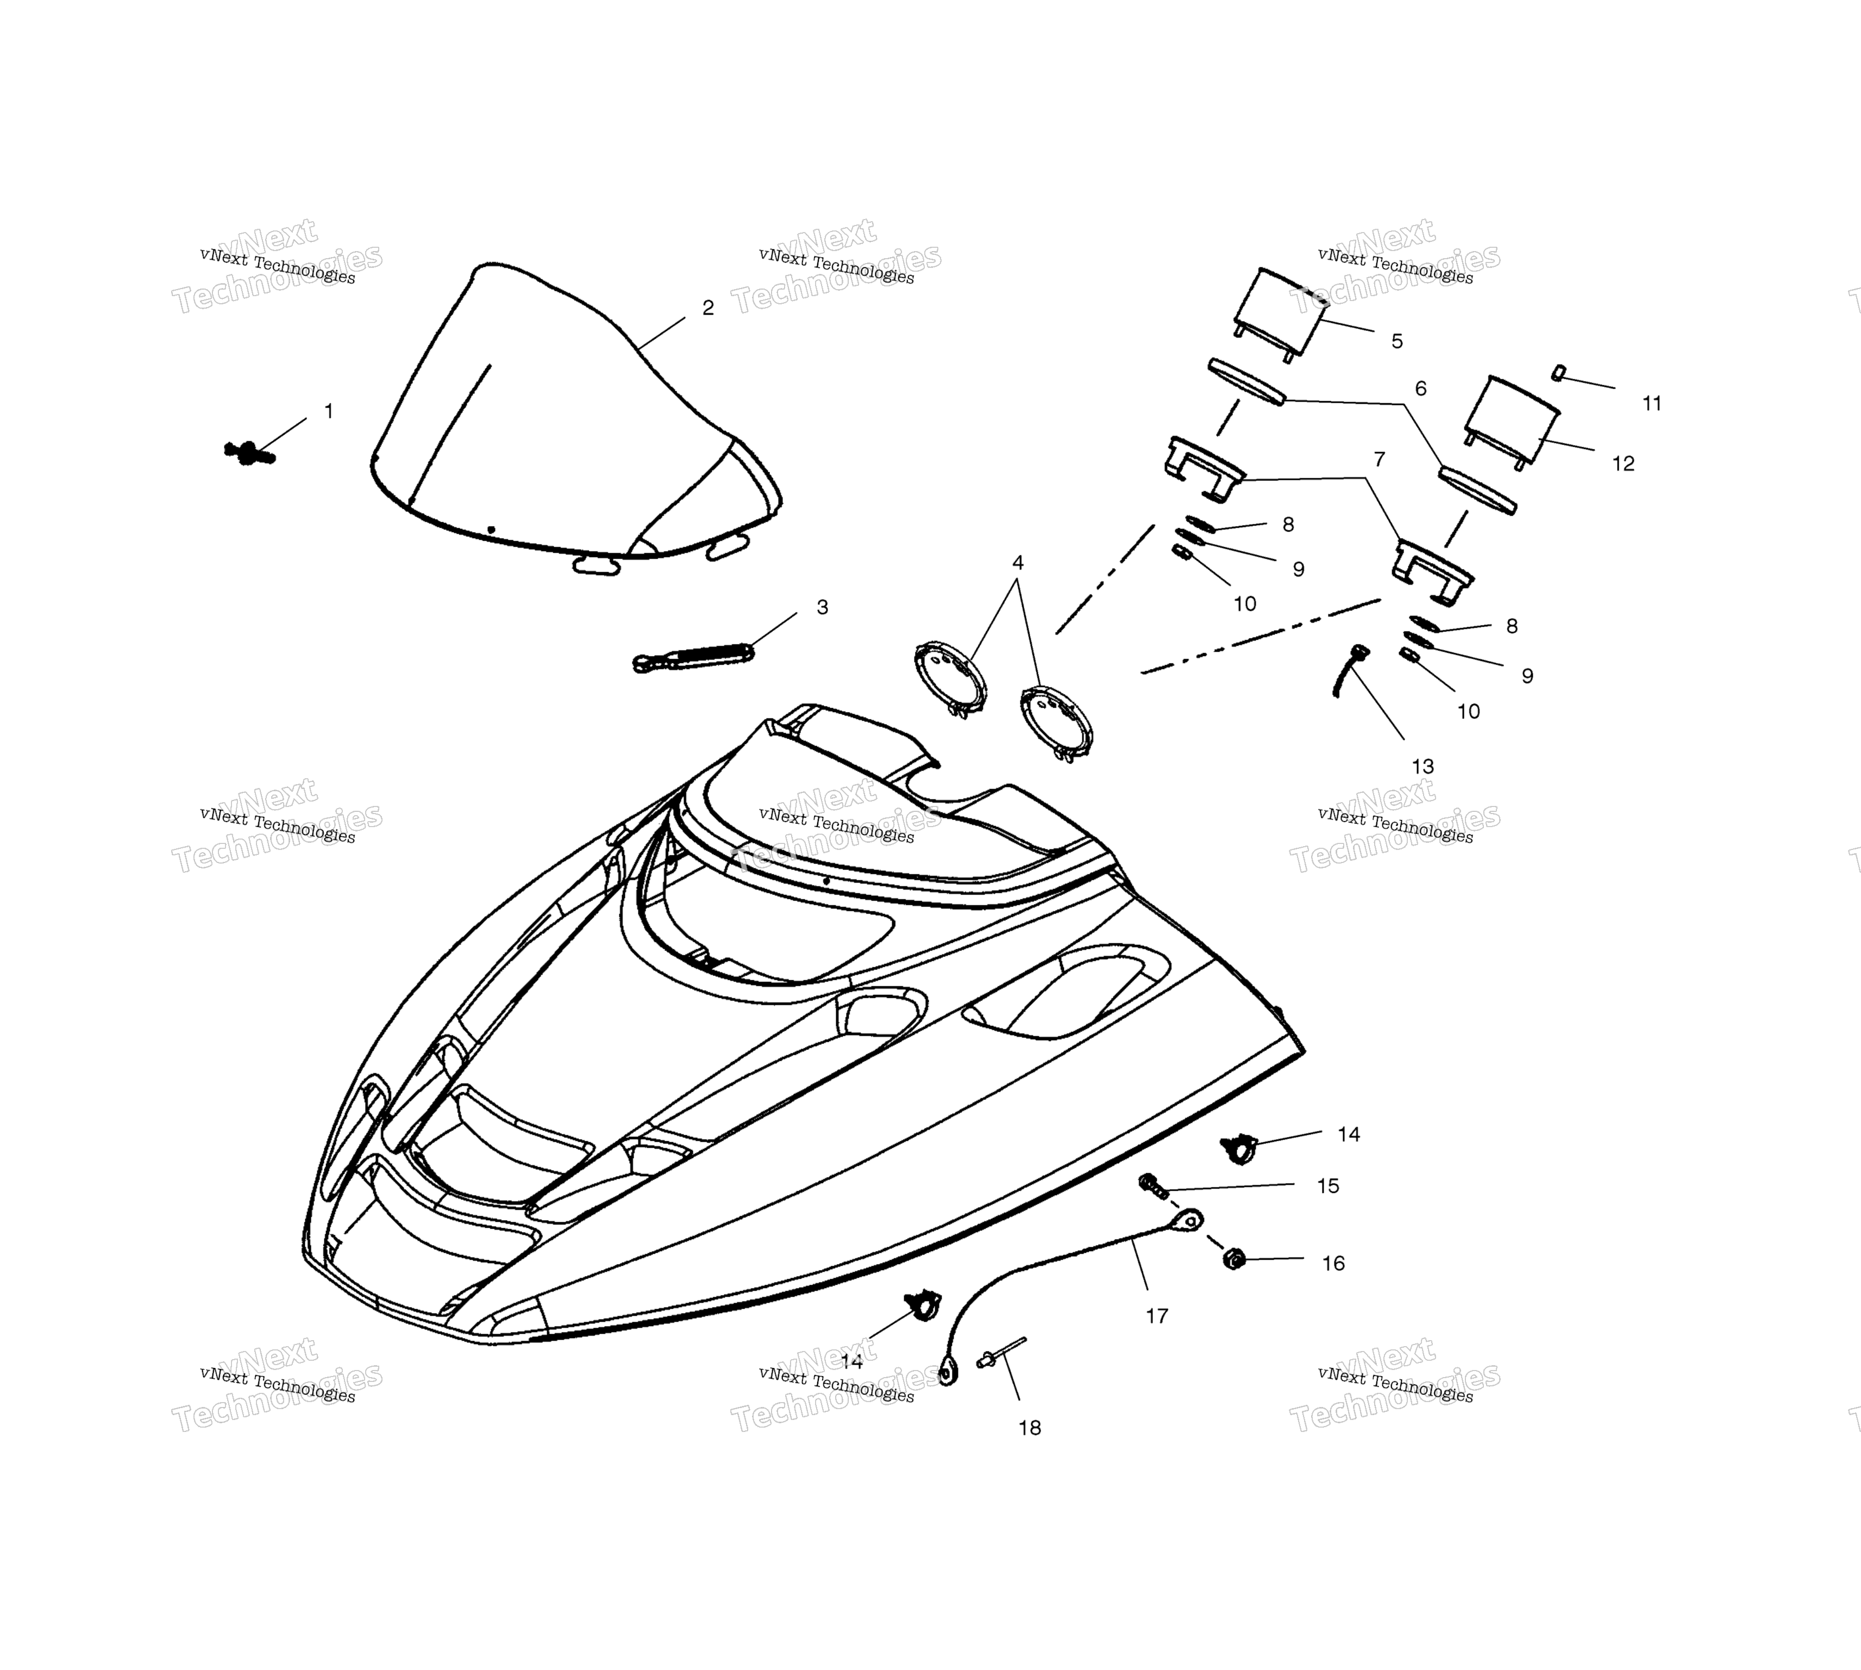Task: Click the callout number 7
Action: coord(1378,459)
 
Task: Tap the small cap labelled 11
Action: coord(1557,373)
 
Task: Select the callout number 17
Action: coord(1157,1316)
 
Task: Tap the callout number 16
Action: coord(1333,1264)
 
